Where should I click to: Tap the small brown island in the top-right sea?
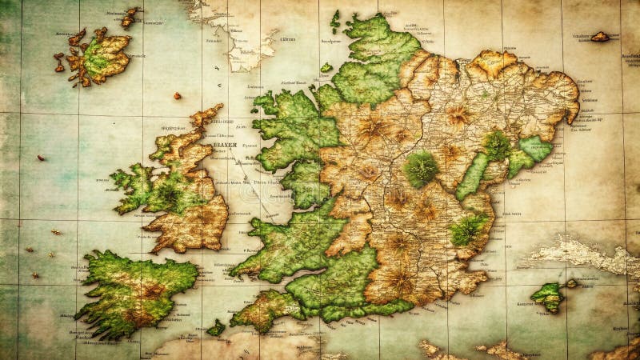(599, 36)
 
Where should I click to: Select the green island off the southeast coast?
(549, 296)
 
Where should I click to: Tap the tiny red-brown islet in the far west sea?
(41, 158)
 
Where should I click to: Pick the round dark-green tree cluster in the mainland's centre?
(420, 169)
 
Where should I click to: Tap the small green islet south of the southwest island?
(216, 328)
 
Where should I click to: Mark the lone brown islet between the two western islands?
(177, 96)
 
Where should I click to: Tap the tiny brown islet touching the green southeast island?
(571, 283)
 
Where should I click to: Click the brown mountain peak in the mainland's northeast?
(458, 116)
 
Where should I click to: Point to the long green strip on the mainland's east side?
(472, 177)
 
